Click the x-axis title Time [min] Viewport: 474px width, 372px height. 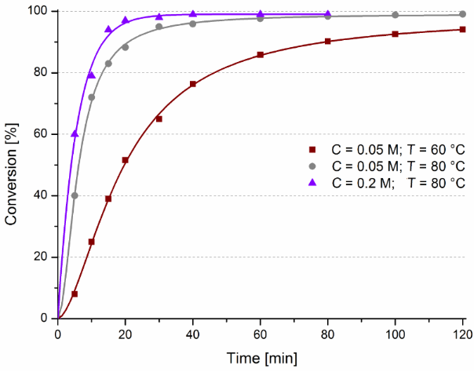[x=261, y=359]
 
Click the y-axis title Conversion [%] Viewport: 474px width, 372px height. [x=12, y=165]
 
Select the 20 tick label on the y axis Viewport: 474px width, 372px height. [x=41, y=257]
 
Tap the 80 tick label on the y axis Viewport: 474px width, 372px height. [x=41, y=73]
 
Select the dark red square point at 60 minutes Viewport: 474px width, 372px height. [x=260, y=55]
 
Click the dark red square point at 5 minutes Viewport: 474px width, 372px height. [x=75, y=294]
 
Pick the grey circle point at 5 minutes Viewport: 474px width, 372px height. [x=75, y=195]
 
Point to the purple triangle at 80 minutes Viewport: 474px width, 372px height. [x=327, y=14]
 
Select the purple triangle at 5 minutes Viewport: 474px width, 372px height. [x=75, y=133]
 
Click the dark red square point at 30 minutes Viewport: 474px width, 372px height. [x=159, y=119]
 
